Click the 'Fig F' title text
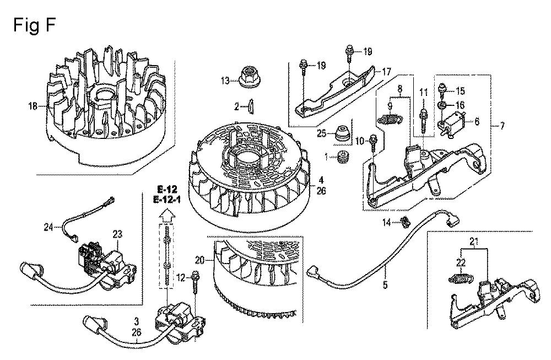pyautogui.click(x=34, y=26)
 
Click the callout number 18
pyautogui.click(x=33, y=106)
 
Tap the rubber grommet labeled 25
pyautogui.click(x=342, y=133)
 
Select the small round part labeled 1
pyautogui.click(x=341, y=157)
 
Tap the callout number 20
pyautogui.click(x=199, y=261)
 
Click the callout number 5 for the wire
pyautogui.click(x=386, y=285)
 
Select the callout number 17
pyautogui.click(x=386, y=72)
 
